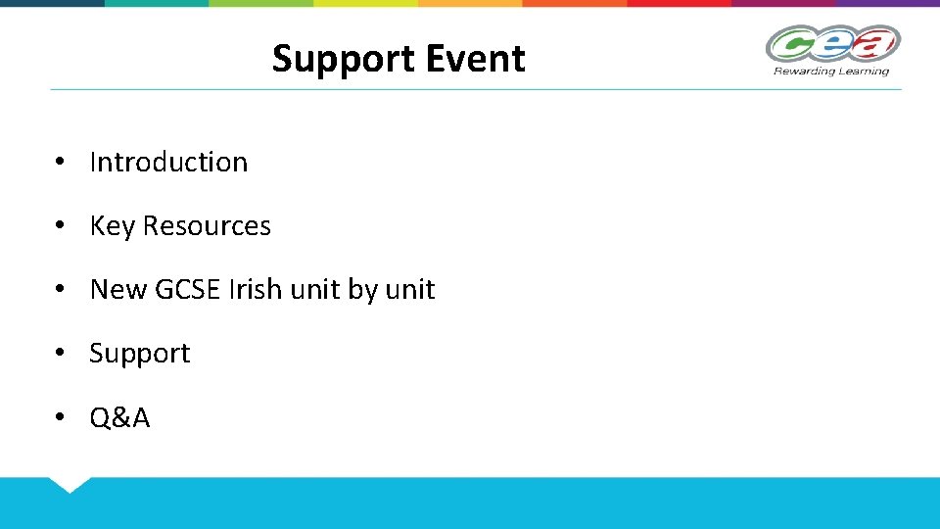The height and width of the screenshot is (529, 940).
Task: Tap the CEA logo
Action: pyautogui.click(x=832, y=44)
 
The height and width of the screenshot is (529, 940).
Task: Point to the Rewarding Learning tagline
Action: pyautogui.click(x=831, y=71)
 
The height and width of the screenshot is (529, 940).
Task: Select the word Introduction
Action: pyautogui.click(x=168, y=162)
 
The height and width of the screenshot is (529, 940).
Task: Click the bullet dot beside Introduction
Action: pyautogui.click(x=61, y=162)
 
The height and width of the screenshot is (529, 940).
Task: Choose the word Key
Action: pyautogui.click(x=112, y=226)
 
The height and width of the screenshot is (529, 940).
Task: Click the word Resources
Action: pyautogui.click(x=207, y=226)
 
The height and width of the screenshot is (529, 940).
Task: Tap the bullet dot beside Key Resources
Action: pyautogui.click(x=61, y=225)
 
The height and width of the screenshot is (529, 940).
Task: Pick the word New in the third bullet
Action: pyautogui.click(x=117, y=290)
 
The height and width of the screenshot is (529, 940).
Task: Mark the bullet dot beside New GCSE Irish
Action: pyautogui.click(x=61, y=289)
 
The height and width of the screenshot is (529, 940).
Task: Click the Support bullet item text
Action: pyautogui.click(x=139, y=355)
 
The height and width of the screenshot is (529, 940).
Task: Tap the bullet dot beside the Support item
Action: pyautogui.click(x=61, y=353)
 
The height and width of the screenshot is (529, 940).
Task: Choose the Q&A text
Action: pyautogui.click(x=119, y=418)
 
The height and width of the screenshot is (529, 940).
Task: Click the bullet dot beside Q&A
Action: pyautogui.click(x=61, y=417)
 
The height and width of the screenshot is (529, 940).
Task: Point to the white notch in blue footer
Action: pyautogui.click(x=70, y=483)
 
